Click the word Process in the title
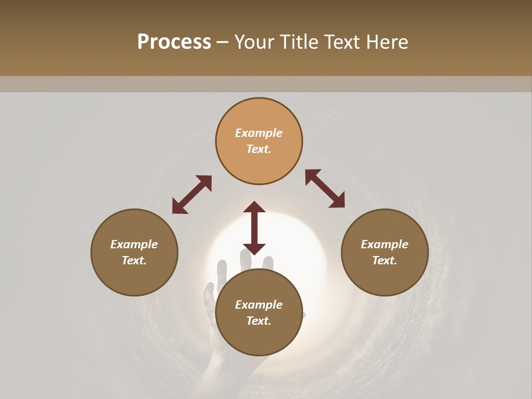tap(174, 42)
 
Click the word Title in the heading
tap(300, 42)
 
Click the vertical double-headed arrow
tap(254, 228)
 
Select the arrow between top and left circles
tap(192, 195)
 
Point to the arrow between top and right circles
tap(325, 188)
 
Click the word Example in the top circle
tap(259, 133)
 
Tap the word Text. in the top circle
tap(259, 149)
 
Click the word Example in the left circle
tap(134, 244)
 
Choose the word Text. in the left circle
tap(134, 260)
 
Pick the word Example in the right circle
tap(385, 244)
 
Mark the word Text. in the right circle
tap(385, 260)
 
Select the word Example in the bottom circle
tap(259, 305)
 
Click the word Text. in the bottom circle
tap(259, 321)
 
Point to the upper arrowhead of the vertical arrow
tap(254, 208)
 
